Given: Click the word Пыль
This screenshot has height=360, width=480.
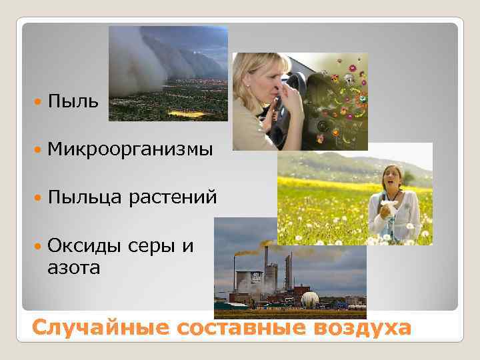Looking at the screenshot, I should pos(73,102).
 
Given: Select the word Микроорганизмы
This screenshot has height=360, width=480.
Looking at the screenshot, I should pos(130,150).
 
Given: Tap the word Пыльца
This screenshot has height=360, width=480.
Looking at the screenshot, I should pos(84,198).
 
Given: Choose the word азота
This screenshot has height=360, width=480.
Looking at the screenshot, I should pos(73,268).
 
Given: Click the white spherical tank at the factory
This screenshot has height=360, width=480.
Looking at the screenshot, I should pos(309,300).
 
